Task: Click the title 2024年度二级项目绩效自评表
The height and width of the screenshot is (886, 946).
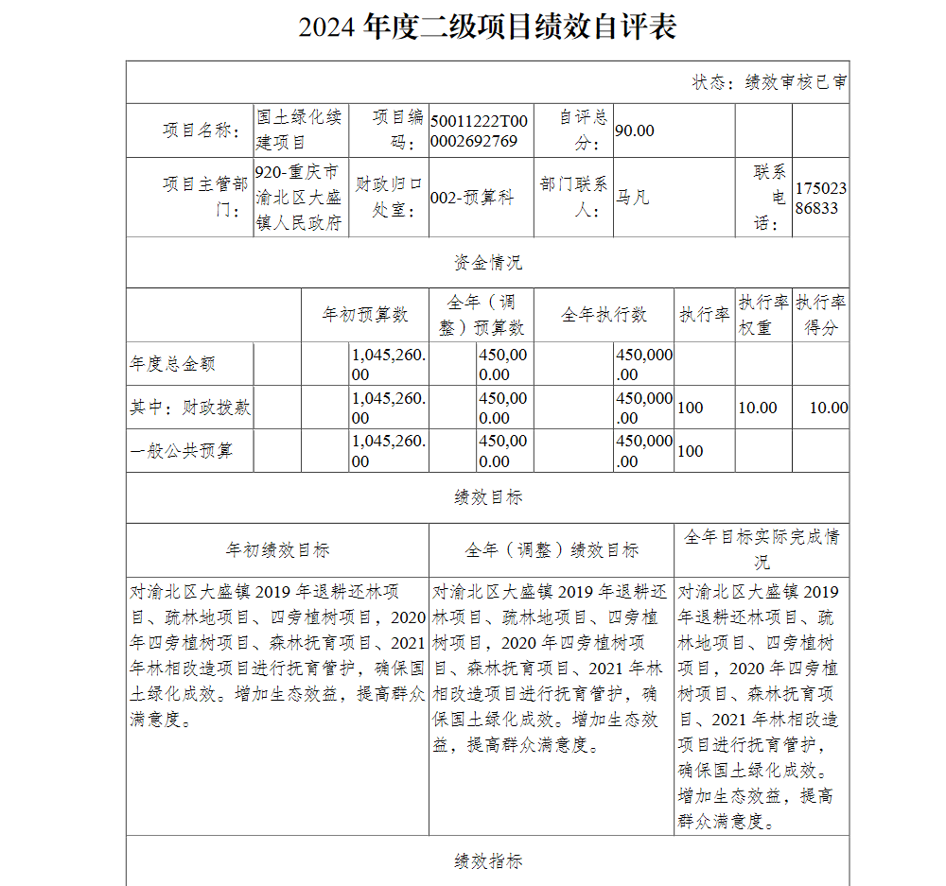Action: [487, 27]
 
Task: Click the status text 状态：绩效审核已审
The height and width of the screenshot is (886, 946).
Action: [769, 82]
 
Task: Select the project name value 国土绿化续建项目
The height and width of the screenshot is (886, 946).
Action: [300, 130]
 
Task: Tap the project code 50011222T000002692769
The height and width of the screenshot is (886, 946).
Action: [479, 130]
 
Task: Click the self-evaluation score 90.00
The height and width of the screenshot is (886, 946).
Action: [635, 130]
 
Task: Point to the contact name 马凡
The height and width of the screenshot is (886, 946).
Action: [633, 198]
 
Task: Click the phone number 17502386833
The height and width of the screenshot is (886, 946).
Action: [820, 198]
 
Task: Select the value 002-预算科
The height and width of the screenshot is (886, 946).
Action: [472, 198]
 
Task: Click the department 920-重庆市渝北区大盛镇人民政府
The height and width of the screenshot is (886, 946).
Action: [300, 198]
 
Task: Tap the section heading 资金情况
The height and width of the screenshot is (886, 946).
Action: [487, 262]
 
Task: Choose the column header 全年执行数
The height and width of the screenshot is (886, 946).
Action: [604, 315]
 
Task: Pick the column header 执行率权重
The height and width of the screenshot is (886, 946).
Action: [762, 315]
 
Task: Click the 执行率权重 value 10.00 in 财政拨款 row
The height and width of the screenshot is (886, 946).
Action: [758, 408]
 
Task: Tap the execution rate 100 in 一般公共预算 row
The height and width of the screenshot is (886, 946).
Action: [691, 451]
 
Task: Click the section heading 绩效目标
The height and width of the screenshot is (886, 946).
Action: [487, 497]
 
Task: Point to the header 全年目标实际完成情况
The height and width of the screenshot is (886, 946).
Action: [762, 548]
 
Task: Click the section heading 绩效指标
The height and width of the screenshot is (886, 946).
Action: [487, 860]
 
